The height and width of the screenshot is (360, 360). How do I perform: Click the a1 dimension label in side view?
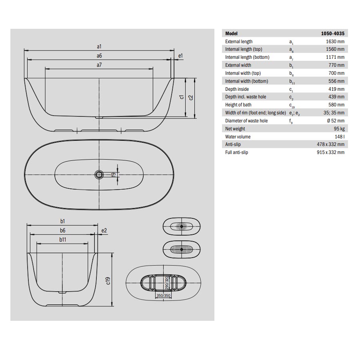[99, 47]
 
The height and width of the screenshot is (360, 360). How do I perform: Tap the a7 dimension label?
[99, 65]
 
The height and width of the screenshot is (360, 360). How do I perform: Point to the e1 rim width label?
[180, 56]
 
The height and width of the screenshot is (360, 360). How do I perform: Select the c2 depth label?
[190, 98]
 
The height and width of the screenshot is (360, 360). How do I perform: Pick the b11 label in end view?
[63, 240]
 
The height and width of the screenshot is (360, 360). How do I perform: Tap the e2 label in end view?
[104, 230]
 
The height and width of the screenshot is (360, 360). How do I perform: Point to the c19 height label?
[108, 280]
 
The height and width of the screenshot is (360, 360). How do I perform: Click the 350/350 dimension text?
[163, 296]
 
